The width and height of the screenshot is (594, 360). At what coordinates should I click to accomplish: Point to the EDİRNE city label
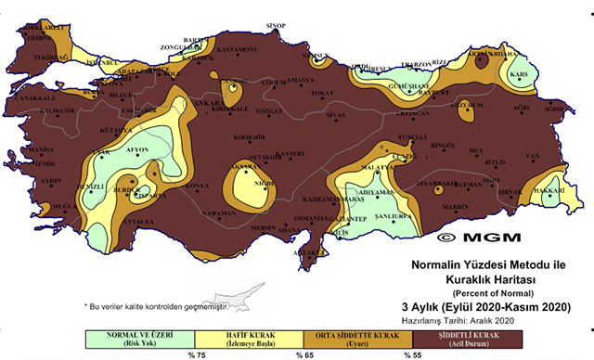pyautogui.click(x=38, y=39)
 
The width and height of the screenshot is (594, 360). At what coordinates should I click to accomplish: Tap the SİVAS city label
pyautogui.click(x=336, y=116)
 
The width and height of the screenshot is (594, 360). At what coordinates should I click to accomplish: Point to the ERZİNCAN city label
pyautogui.click(x=407, y=113)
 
